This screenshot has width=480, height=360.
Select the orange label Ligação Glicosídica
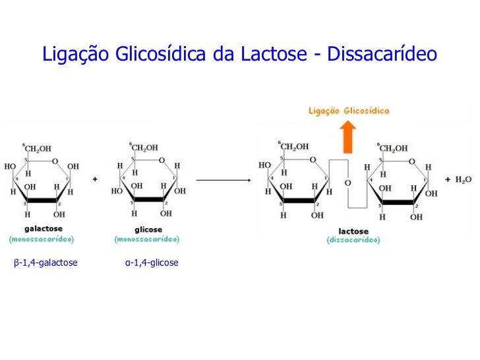click(349, 111)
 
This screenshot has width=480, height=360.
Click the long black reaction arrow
click(224, 179)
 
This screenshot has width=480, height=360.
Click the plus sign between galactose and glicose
click(96, 179)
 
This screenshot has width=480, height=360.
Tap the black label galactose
click(41, 228)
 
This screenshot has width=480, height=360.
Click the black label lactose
click(353, 231)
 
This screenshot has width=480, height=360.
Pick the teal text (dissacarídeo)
click(353, 240)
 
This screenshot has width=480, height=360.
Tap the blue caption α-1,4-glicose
click(152, 263)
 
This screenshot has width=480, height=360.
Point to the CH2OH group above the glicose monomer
click(144, 147)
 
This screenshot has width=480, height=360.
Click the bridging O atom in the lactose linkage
click(347, 183)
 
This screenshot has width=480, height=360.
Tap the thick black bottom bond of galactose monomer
click(42, 200)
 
